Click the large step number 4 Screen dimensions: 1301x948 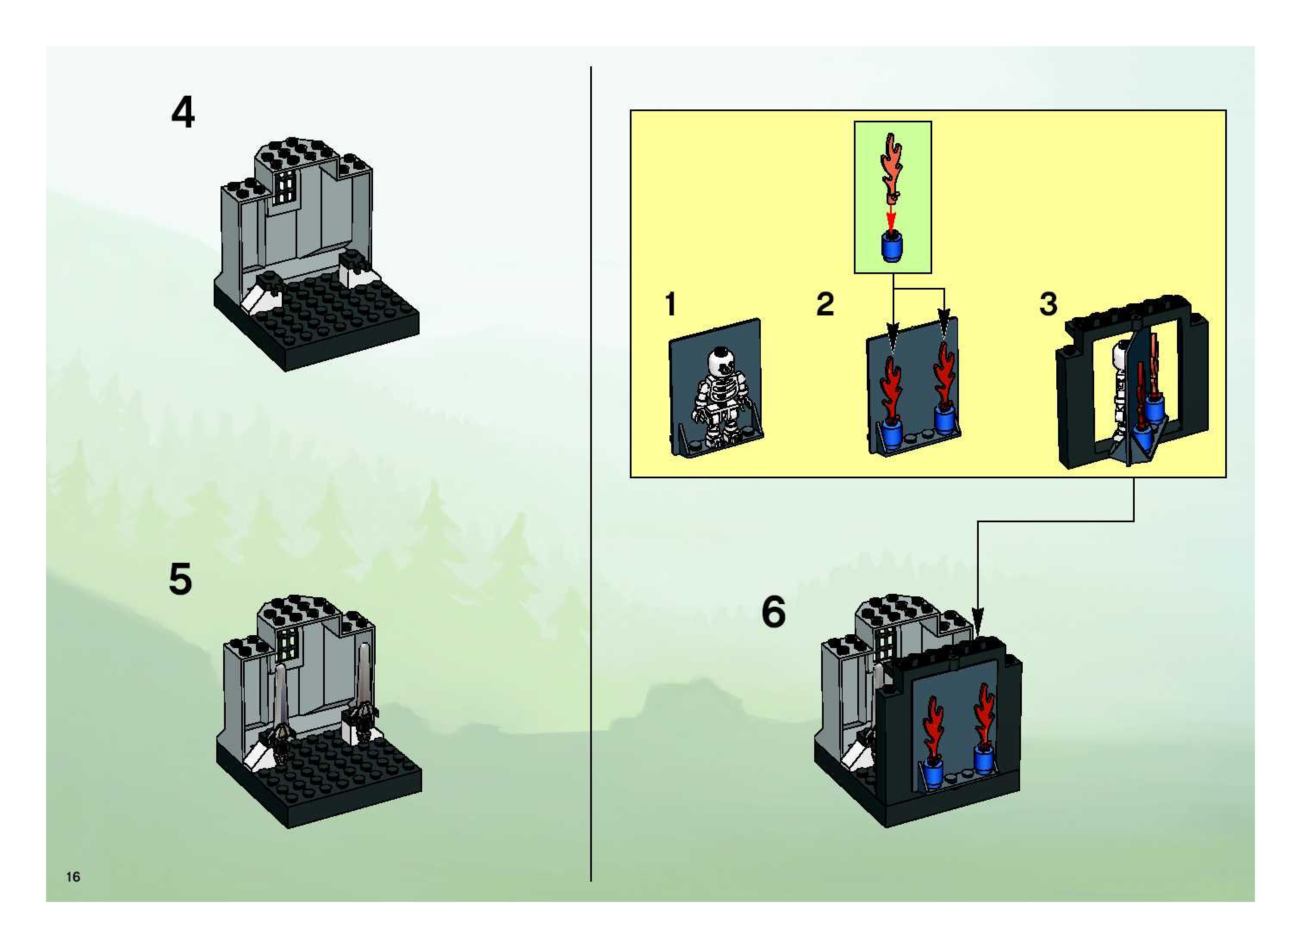click(183, 113)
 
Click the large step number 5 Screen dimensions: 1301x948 click(180, 579)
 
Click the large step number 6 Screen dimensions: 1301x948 click(773, 612)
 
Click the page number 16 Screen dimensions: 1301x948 click(73, 876)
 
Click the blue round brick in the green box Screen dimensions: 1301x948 click(891, 247)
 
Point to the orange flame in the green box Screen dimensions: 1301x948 click(891, 166)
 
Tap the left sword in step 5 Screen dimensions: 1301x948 click(280, 706)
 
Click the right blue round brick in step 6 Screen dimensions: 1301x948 click(984, 759)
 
